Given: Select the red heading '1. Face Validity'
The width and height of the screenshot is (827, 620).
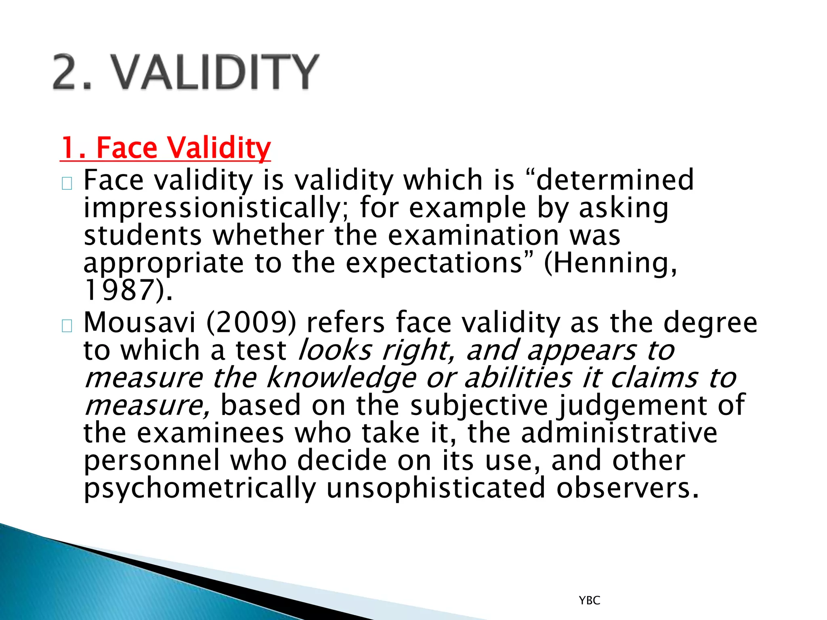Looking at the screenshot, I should click(x=166, y=148).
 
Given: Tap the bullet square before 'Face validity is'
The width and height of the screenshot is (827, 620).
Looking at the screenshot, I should click(x=67, y=184).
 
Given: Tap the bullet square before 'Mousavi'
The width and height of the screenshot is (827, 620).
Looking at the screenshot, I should click(x=67, y=325).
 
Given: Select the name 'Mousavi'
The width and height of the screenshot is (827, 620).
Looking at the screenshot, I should click(x=140, y=323).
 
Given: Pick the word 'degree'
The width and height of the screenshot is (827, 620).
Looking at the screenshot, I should click(x=710, y=323).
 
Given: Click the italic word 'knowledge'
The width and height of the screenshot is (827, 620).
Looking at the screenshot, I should click(x=341, y=379).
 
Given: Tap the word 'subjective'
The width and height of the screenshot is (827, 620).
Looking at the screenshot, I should click(x=479, y=406).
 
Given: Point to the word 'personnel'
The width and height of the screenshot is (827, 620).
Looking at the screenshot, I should click(x=152, y=461).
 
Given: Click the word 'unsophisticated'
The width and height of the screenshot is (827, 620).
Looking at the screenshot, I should click(x=436, y=488).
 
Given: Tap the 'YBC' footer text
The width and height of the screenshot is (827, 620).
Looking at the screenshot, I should click(x=589, y=600).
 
